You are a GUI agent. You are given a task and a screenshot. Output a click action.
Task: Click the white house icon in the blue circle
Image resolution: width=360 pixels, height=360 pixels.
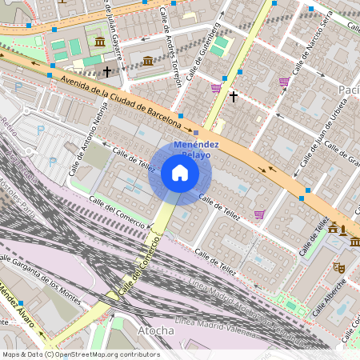point(180,174)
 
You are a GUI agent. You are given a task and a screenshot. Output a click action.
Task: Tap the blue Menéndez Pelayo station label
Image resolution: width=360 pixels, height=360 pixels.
point(191,149)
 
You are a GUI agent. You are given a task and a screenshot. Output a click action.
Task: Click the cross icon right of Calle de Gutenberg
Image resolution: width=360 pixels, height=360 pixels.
point(234,97)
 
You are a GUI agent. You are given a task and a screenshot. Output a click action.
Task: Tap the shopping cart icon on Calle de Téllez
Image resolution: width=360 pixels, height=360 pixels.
point(259,214)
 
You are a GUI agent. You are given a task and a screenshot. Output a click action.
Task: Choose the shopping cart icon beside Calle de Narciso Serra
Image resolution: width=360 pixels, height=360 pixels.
point(284,82)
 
